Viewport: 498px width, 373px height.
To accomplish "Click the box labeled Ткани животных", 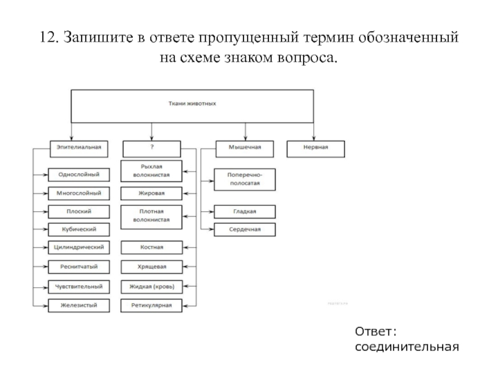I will point(192,104).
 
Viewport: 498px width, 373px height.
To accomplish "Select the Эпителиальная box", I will point(78,149).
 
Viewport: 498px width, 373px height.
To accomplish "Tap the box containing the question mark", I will point(152,149).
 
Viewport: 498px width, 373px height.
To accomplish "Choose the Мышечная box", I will point(246,149).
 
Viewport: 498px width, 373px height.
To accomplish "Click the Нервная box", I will point(315,149).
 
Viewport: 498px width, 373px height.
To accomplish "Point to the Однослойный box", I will point(79,175).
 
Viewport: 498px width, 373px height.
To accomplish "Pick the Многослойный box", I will point(79,193).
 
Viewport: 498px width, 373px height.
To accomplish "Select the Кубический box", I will point(79,229).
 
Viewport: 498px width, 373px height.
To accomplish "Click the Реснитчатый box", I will point(79,266).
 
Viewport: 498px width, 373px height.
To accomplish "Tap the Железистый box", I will point(79,305).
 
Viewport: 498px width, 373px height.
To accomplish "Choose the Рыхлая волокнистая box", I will point(152,171).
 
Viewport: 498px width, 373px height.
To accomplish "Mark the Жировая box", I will point(152,193).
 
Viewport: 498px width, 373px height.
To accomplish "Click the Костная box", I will point(152,247).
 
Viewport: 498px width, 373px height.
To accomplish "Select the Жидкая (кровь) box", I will point(152,287).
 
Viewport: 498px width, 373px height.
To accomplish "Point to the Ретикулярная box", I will point(152,305).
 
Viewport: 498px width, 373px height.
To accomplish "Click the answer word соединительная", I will point(407,345).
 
